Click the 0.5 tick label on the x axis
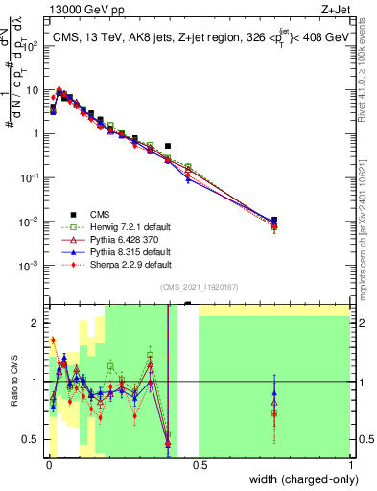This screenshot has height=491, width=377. tap(199, 465)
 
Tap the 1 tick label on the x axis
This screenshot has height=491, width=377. tap(349, 465)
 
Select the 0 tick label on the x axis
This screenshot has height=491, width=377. tap(48, 465)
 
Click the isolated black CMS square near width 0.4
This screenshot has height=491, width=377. tap(168, 147)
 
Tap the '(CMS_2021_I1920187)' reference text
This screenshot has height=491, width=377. tap(199, 287)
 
